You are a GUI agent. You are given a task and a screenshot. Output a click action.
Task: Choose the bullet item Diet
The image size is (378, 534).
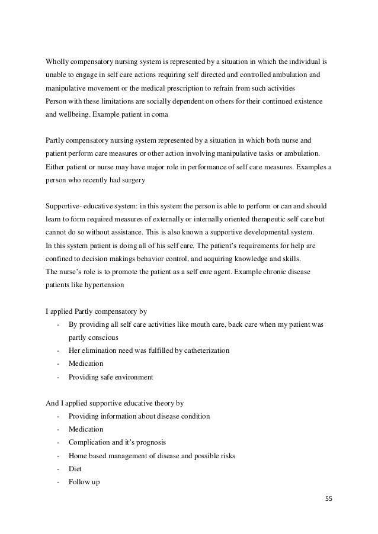75,468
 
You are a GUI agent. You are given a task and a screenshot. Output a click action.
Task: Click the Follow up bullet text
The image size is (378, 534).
84,481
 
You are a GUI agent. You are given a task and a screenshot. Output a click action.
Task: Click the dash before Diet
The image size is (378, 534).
57,468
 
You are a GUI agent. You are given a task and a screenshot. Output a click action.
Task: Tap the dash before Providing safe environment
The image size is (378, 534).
57,377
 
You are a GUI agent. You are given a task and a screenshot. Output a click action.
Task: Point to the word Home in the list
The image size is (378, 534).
78,455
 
